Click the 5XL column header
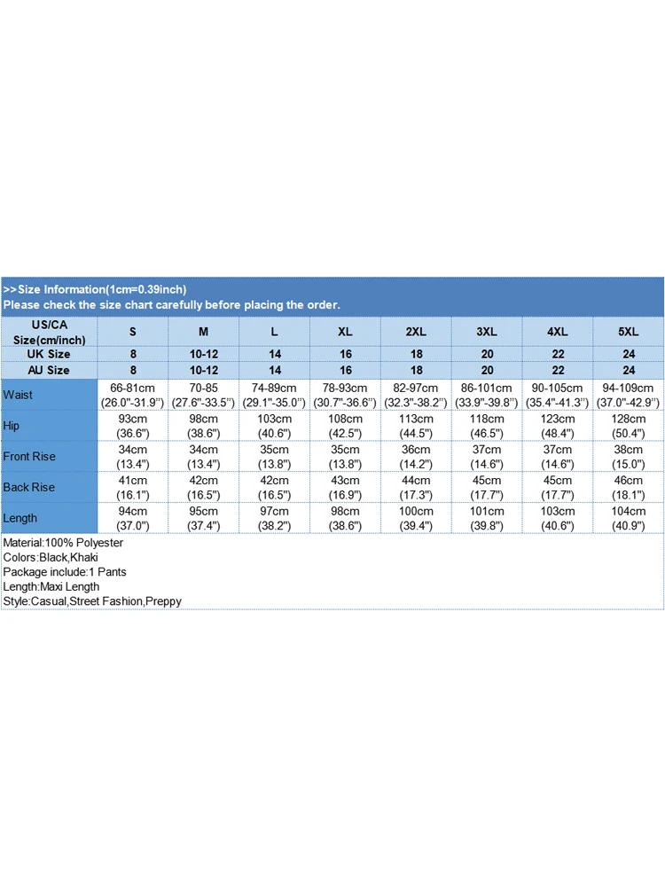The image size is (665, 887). point(628,332)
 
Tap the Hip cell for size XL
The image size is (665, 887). point(345,426)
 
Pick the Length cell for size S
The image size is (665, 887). point(133,518)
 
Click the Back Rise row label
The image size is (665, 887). point(29,487)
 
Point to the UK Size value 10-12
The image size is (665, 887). point(203,354)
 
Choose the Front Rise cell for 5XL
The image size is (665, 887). point(628,456)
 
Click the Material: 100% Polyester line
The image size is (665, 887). point(63,543)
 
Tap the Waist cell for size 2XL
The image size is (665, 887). point(416,395)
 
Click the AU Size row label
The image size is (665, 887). point(50,370)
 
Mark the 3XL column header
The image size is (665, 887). point(486,332)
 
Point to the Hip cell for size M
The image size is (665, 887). point(203,426)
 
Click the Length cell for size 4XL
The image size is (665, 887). point(557,518)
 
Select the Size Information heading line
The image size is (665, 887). point(95,289)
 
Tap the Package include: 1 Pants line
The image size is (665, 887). point(64,572)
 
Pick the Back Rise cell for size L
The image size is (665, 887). point(274,487)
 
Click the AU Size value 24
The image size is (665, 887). point(628,370)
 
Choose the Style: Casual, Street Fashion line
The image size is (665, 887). point(92,601)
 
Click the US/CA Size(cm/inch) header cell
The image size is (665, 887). point(50,332)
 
